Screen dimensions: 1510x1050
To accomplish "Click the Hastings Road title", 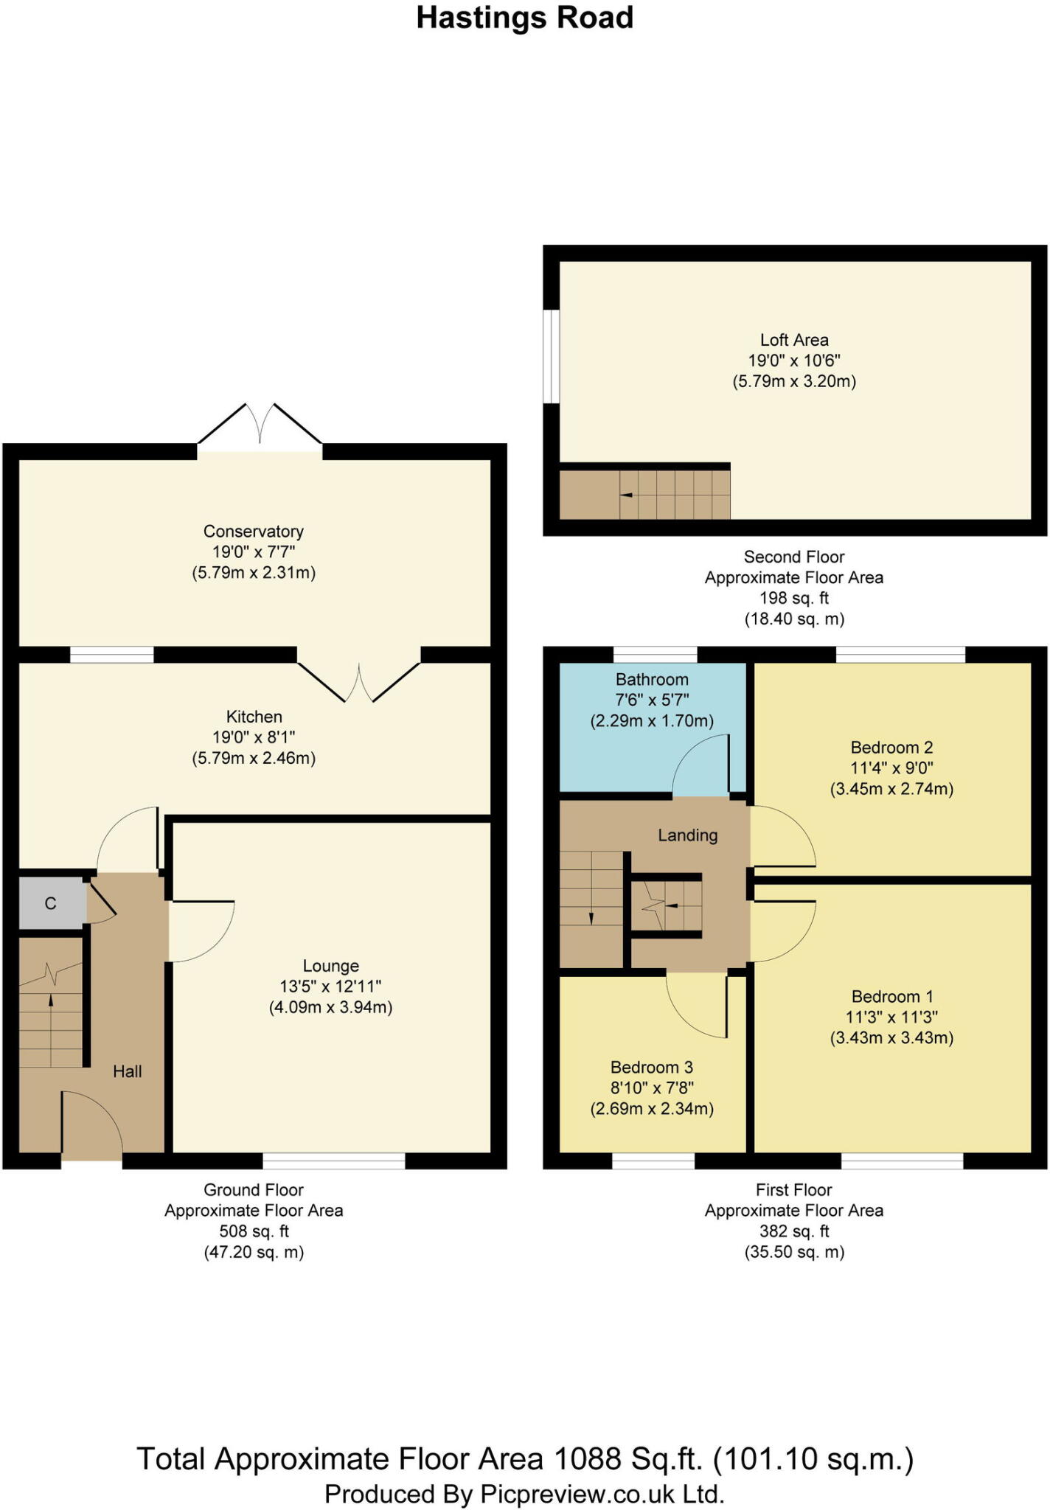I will tap(524, 18).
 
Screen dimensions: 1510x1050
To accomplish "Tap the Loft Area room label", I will tap(794, 340).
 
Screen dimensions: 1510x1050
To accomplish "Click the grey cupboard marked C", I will tap(50, 903).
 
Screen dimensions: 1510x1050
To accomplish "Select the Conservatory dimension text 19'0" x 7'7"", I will tap(254, 552).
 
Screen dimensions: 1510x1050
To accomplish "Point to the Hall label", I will tap(127, 1071).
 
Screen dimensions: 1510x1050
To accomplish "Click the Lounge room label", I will tap(330, 966).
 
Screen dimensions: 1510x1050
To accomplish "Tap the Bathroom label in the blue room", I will tap(652, 679).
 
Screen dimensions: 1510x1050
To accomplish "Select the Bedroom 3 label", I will tap(651, 1067).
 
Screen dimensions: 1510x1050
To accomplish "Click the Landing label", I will tap(687, 835).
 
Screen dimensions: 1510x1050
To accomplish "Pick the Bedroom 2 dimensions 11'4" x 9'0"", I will tap(891, 768).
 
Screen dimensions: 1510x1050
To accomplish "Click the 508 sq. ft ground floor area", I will tap(254, 1231).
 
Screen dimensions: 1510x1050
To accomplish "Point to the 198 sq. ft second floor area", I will tap(793, 598).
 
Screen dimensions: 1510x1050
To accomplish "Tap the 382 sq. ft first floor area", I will tap(793, 1231).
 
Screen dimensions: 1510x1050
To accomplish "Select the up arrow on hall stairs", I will tap(51, 1001).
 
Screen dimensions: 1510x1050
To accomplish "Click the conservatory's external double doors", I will tap(260, 428).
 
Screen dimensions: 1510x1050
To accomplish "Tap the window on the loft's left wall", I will tap(551, 356).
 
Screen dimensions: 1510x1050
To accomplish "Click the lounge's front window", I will tap(333, 1161).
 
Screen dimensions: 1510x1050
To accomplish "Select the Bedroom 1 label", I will tap(891, 996).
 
